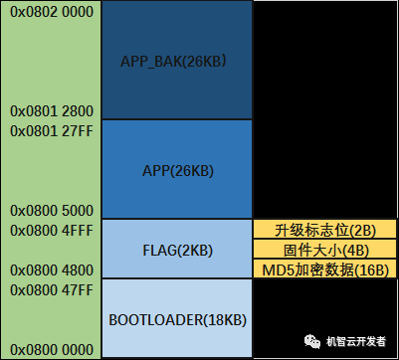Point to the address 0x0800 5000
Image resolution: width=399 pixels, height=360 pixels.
point(50,211)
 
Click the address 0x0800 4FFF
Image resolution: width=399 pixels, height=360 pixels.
point(50,230)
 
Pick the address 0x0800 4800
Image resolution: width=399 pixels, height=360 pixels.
point(50,270)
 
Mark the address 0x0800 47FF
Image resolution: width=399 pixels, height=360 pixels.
point(50,289)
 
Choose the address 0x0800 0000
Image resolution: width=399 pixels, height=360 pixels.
point(50,350)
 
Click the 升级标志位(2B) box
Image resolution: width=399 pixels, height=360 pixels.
point(323,230)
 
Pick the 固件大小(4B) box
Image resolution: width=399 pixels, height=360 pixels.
point(323,250)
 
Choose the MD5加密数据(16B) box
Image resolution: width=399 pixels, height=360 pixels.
point(323,270)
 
